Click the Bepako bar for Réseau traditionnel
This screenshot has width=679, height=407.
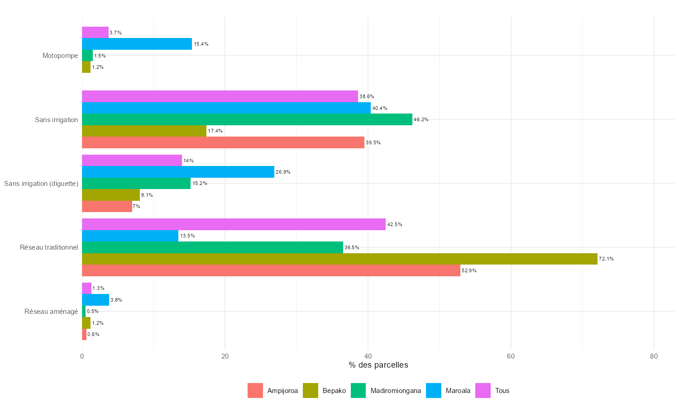[x=339, y=259]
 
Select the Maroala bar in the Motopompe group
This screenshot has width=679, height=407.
[x=137, y=44]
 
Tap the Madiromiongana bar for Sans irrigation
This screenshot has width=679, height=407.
[x=247, y=119]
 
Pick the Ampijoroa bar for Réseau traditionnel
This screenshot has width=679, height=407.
[x=271, y=270]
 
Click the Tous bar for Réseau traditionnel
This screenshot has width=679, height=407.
[x=234, y=224]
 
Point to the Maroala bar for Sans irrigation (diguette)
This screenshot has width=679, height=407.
[x=178, y=172]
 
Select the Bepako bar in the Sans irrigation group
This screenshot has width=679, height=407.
[x=144, y=131]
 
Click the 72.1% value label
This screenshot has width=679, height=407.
[x=606, y=259]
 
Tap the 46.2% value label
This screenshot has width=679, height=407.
[x=421, y=120]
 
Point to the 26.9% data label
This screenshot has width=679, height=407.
[x=283, y=172]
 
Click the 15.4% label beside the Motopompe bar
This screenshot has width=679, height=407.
[x=201, y=44]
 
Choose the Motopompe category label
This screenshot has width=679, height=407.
[x=60, y=56]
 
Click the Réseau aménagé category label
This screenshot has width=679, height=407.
[x=51, y=312]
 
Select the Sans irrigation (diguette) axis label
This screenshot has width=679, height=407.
[x=41, y=184]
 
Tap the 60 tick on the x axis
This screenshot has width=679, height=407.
[x=511, y=356]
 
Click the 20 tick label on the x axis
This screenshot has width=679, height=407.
[x=225, y=356]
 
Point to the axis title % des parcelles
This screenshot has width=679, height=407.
[x=378, y=365]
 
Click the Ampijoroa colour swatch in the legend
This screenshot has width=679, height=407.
[x=255, y=391]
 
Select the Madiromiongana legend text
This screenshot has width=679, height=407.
[x=396, y=391]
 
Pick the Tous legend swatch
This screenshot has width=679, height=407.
[x=483, y=391]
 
